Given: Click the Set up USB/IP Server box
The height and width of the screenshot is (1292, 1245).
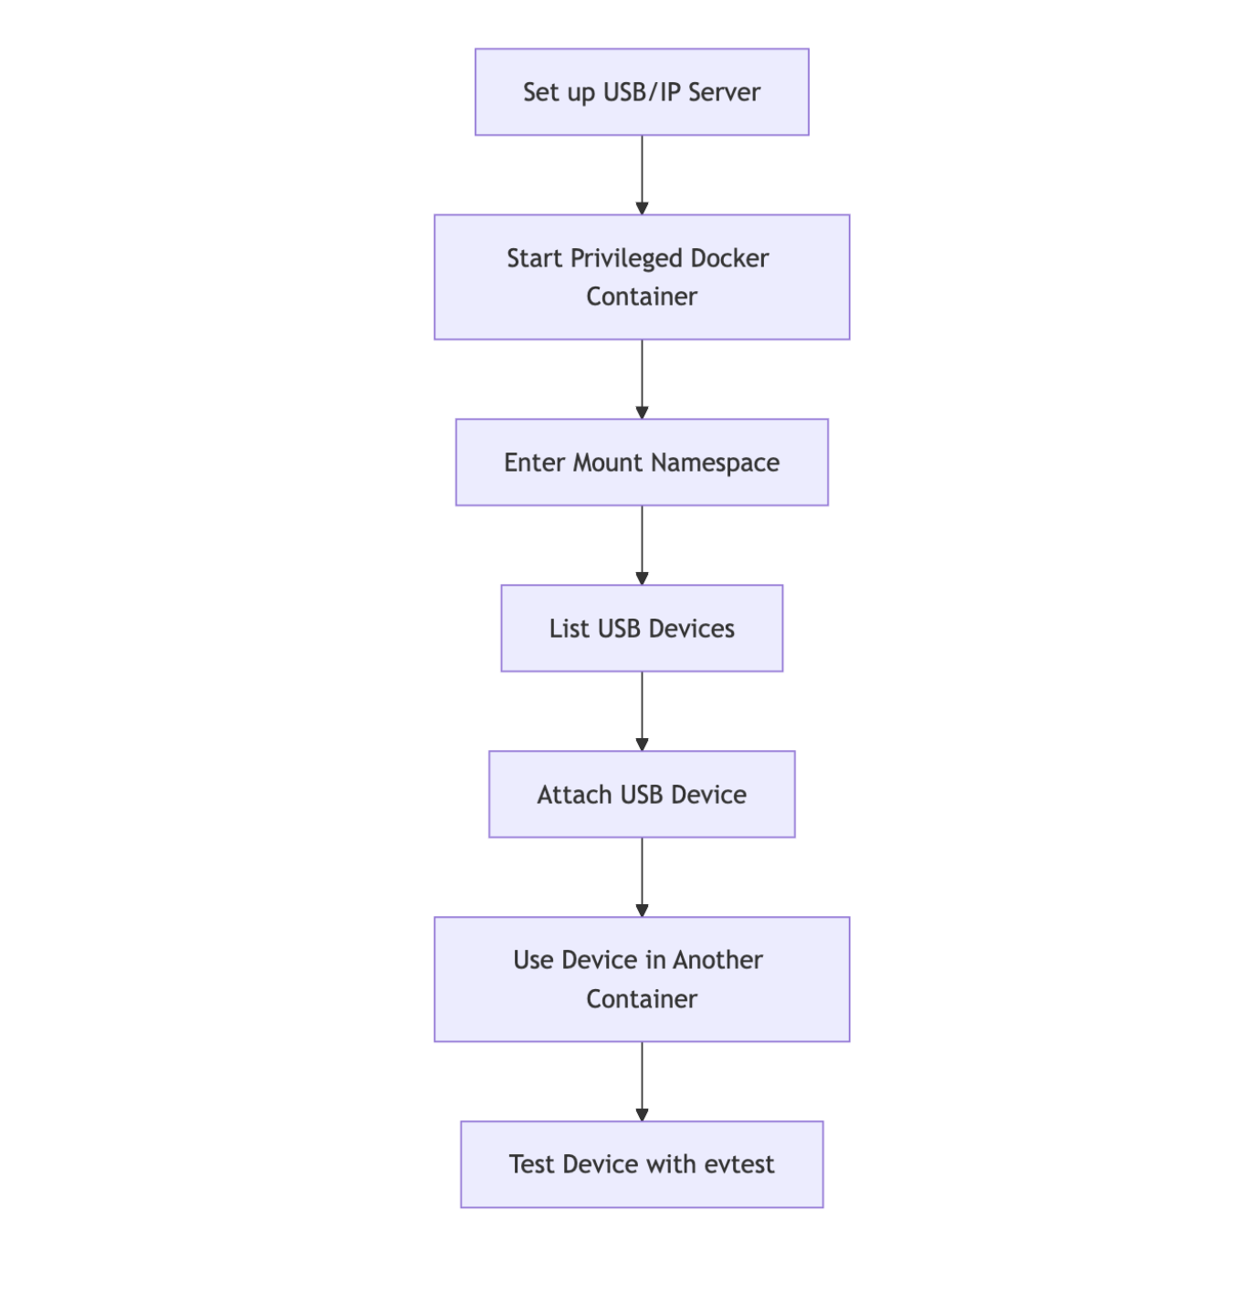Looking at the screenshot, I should [642, 92].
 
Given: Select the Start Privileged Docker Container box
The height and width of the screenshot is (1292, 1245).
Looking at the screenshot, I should [642, 277].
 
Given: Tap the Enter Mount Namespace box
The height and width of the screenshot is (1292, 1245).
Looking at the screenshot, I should [642, 463].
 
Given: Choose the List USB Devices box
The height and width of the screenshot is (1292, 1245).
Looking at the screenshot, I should [642, 629].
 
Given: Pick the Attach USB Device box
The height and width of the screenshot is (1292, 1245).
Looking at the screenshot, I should [642, 795].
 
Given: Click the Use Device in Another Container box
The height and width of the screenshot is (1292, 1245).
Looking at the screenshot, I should [642, 979].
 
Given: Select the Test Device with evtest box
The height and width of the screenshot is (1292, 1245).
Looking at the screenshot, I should [642, 1164].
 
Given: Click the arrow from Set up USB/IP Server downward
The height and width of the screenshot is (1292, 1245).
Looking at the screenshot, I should [642, 174].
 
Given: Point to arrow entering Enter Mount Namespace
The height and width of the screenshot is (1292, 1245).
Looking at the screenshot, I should [642, 379].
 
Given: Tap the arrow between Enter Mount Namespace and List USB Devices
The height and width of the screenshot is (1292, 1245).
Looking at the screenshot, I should [642, 545].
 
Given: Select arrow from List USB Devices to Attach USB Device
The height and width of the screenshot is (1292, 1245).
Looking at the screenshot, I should [642, 711].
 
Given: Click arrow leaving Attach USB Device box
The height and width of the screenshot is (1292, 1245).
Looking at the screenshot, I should [642, 877].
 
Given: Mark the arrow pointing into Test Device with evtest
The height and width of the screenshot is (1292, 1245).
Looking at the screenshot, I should [642, 1081].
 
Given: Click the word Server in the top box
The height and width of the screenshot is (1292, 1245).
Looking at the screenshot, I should [724, 92].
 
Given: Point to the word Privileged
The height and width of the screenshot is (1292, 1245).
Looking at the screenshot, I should [626, 259].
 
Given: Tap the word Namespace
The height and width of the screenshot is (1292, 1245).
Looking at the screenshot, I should [716, 464].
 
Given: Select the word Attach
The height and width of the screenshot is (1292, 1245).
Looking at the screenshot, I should [574, 795].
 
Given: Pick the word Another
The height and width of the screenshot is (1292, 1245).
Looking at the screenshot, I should [717, 960].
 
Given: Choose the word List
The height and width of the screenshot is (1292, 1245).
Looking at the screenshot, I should [569, 629].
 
